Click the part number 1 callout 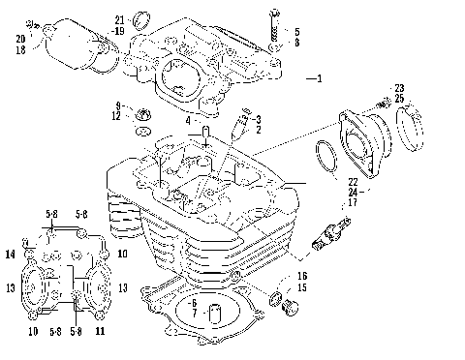(319, 78)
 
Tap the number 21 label (120, 19)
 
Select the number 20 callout (19, 39)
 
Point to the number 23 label (399, 88)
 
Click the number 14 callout (10, 255)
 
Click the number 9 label (117, 105)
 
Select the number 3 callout (258, 118)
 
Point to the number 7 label (195, 315)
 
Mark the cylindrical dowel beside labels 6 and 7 (214, 315)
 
